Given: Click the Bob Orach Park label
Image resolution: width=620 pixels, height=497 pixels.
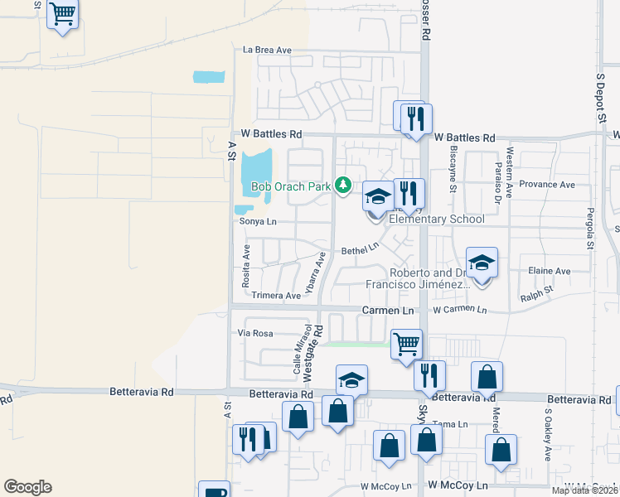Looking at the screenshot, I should tap(291, 187).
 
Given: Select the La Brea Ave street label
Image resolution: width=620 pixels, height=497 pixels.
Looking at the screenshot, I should tap(267, 51).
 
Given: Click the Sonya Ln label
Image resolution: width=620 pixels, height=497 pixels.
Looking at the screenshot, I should tap(257, 222).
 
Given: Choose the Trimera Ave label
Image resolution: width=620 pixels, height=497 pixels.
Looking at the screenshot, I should tap(276, 296).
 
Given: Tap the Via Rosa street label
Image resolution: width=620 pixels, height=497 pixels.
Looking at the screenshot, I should tap(255, 333).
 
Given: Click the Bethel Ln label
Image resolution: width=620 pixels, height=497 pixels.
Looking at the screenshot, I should tap(360, 248).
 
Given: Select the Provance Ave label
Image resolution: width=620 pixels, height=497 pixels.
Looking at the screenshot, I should tap(548, 185).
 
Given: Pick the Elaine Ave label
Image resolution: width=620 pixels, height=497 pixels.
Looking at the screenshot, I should tap(549, 271).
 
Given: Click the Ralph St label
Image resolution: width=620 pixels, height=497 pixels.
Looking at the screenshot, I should tap(535, 292).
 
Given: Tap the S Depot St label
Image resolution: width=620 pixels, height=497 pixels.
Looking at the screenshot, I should tap(601, 99).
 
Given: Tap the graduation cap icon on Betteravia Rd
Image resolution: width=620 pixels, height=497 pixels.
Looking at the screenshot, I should tap(351, 380).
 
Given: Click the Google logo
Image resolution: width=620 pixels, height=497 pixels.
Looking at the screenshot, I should tap(27, 487).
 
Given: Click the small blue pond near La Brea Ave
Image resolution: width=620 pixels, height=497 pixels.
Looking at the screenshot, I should tap(209, 77).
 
